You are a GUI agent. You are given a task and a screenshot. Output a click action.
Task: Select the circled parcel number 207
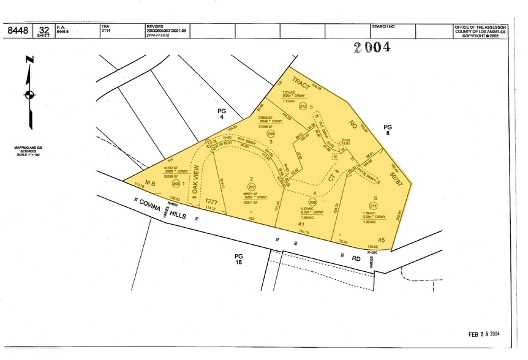234,187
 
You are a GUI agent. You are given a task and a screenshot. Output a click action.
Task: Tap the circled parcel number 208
271,133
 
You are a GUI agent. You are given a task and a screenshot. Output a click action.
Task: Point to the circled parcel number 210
303,106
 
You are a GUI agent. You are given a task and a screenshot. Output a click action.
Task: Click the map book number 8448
16,31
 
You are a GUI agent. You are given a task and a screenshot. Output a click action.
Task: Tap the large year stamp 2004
372,48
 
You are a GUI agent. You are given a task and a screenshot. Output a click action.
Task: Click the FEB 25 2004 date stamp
484,334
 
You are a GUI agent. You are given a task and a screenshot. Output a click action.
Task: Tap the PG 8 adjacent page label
388,130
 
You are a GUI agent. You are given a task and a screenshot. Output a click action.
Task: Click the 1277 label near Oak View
213,201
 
